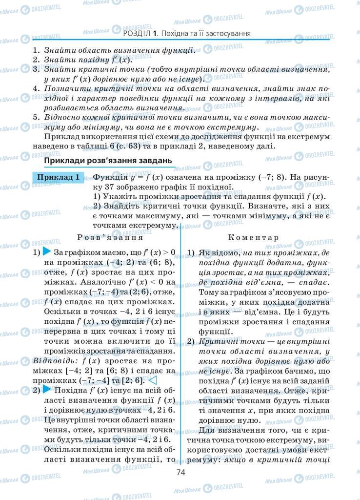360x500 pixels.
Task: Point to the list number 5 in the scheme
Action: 36,117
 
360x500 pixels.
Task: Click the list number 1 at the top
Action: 36,50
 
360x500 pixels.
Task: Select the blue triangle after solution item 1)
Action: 47,252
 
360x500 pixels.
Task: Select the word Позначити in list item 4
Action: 63,88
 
